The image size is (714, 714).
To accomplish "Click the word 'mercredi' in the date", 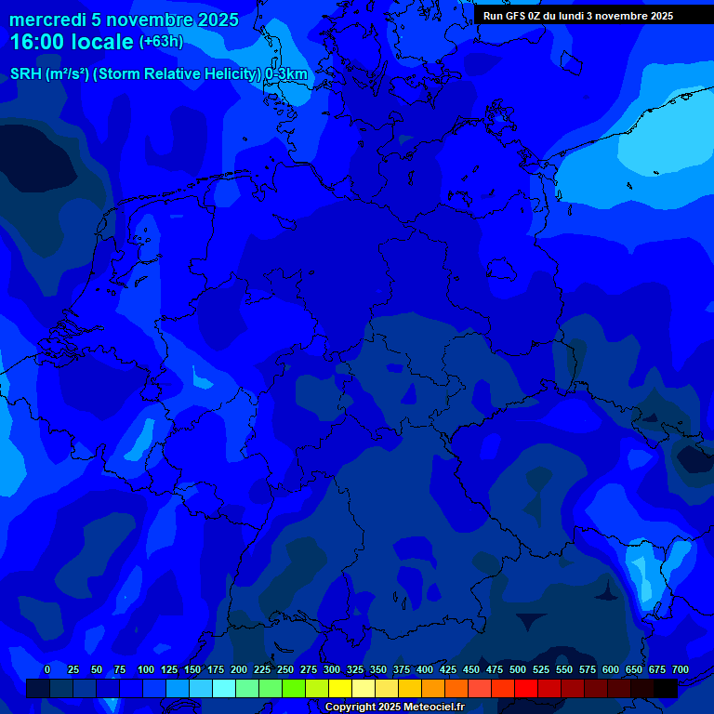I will pos(47,20).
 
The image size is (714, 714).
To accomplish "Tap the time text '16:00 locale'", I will pos(72,42).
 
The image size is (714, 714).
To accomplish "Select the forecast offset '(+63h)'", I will pos(161,42).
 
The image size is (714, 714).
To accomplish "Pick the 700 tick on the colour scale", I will pos(680,670).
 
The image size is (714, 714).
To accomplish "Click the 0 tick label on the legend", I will pos(47,670).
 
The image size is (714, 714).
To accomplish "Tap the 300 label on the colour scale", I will pos(332,670).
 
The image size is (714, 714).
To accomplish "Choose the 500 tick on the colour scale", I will pos(518,670).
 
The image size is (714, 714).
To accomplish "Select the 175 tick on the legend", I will pos(215,670).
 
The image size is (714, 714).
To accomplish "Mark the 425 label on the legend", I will pos(448,670).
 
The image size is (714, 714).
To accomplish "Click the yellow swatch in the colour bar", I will pos(340,688).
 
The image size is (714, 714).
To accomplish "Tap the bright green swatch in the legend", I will pos(294,688).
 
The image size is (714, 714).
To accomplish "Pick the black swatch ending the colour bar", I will pos(666,688).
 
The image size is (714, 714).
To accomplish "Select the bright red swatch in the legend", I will pos(526,688).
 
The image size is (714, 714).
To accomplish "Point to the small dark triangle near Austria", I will pos(606,588).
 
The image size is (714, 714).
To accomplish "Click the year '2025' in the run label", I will pos(661,16).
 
